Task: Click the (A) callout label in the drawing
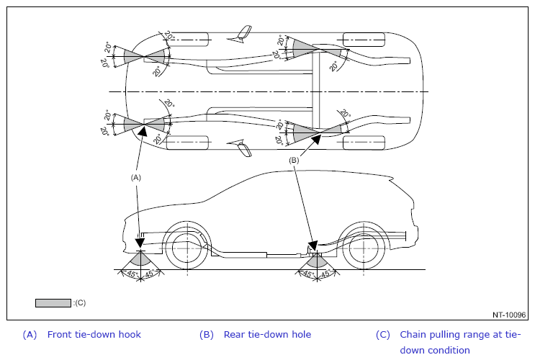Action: (x=135, y=176)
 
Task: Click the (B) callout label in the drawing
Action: (x=294, y=160)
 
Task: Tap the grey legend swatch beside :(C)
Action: (x=53, y=303)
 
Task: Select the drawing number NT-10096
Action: (x=510, y=315)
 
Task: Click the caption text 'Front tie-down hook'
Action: (x=94, y=335)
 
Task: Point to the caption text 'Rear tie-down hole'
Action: (x=267, y=335)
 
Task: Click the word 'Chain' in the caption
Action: (x=414, y=335)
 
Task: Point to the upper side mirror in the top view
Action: (x=246, y=32)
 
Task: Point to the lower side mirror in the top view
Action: (x=244, y=150)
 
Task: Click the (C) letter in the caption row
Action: (x=383, y=335)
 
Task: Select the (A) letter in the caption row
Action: (x=30, y=335)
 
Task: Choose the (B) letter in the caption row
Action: (x=207, y=335)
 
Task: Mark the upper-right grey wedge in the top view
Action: (x=305, y=48)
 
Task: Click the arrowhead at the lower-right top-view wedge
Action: (x=315, y=139)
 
